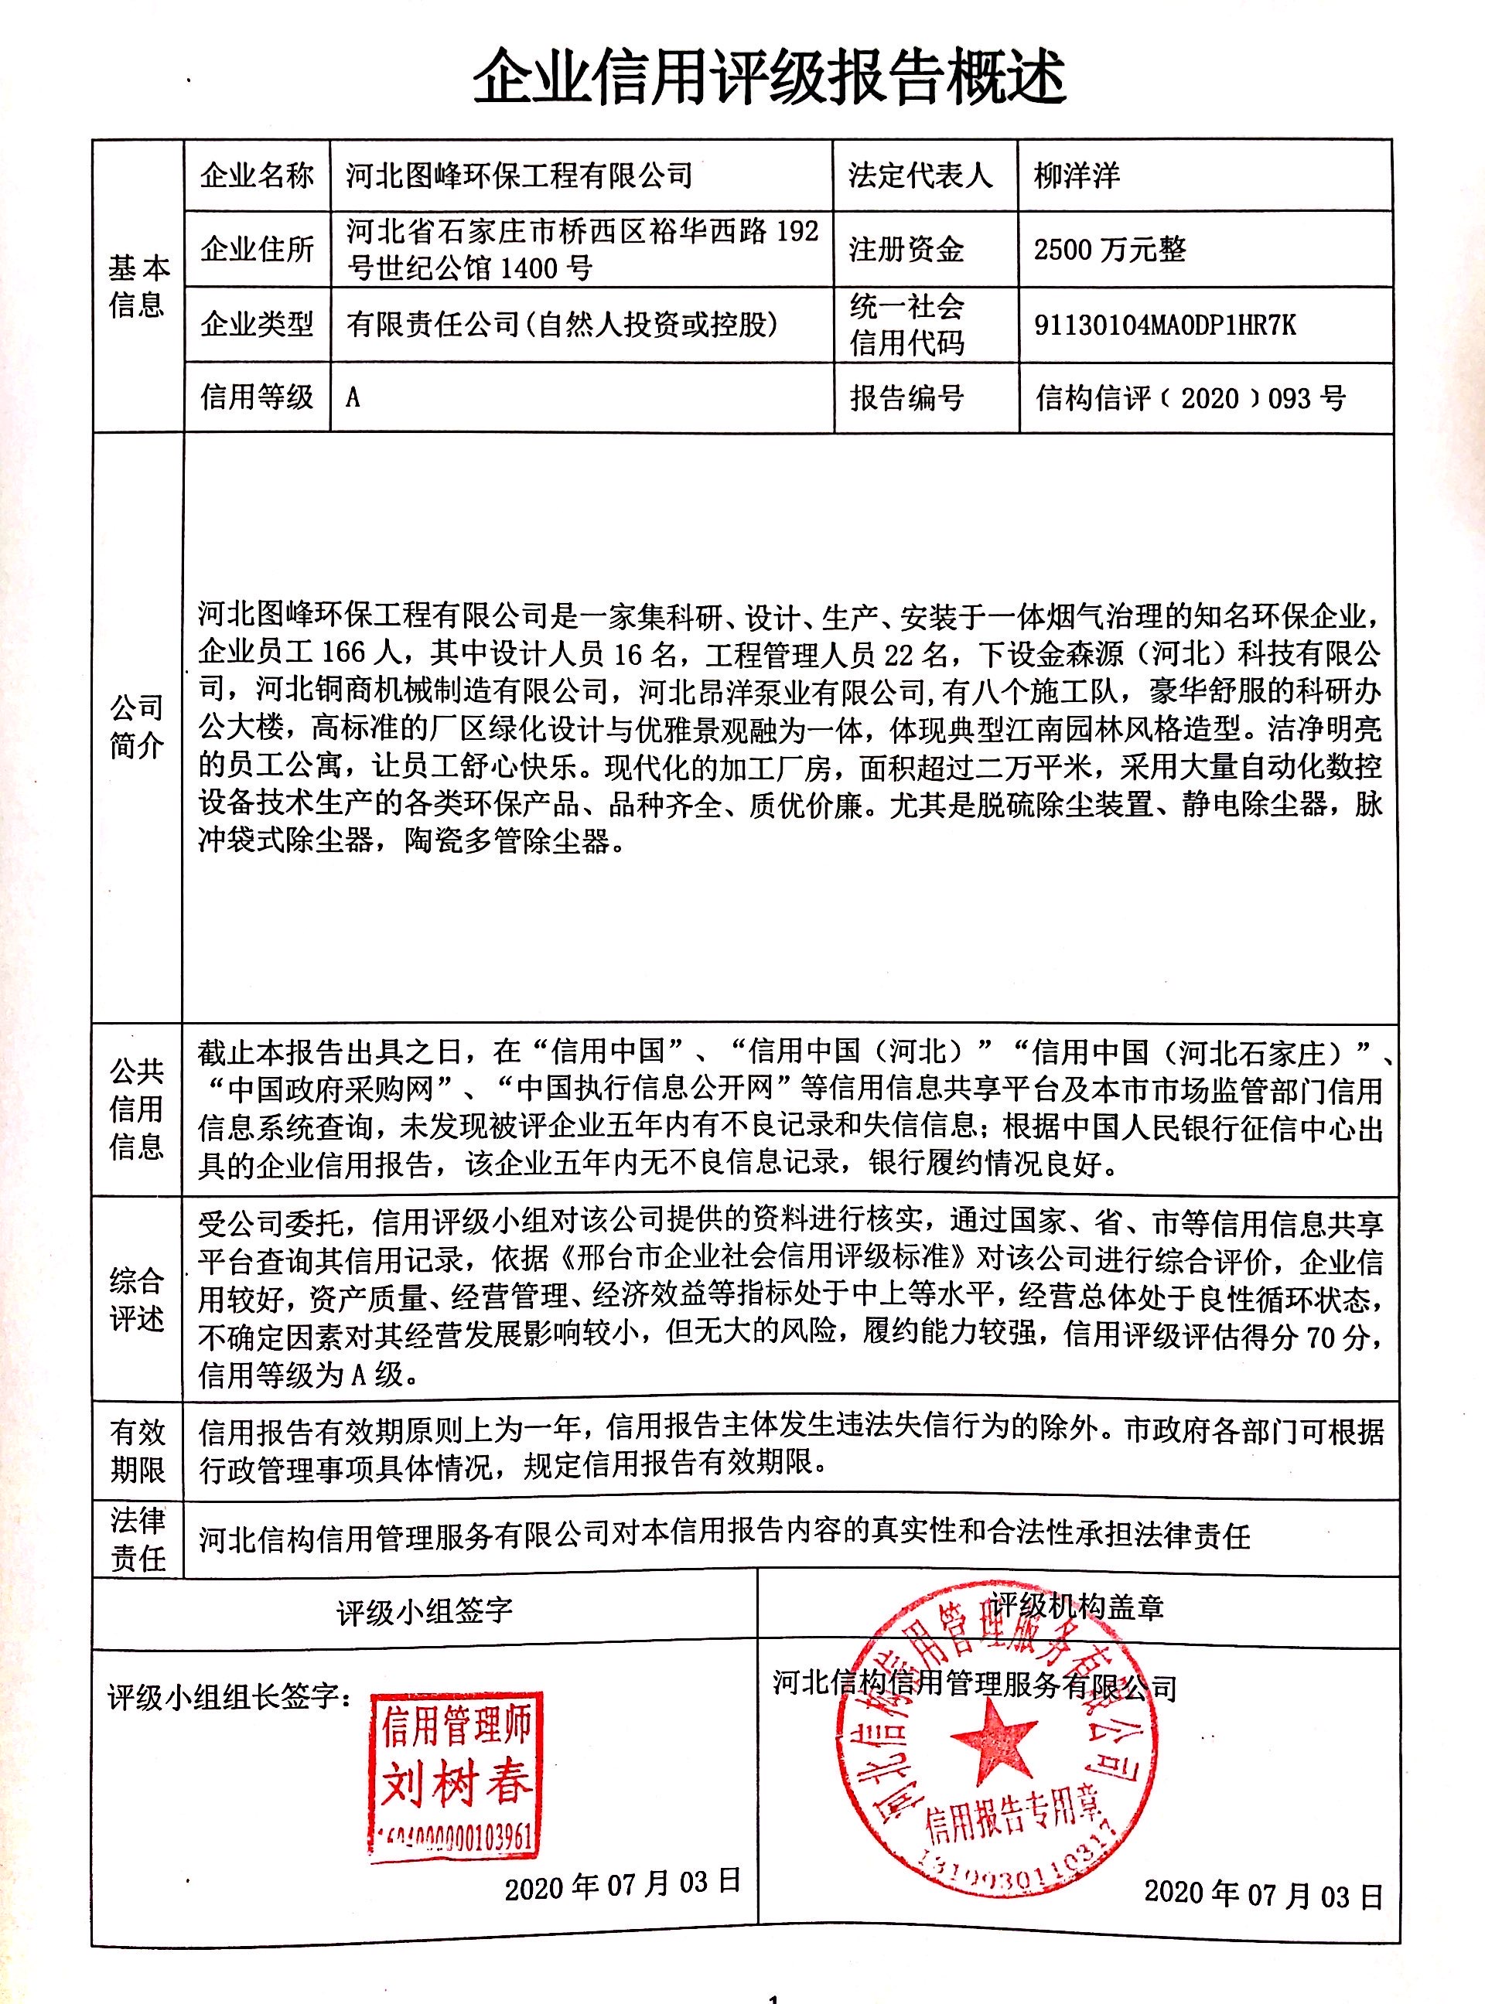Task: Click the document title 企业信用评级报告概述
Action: pos(769,77)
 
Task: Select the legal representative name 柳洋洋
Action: pos(1077,176)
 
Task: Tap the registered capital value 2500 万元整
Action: pos(1109,249)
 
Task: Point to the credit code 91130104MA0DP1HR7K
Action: pos(1165,325)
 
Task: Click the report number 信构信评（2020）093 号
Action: pos(1190,397)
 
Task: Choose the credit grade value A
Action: pos(353,397)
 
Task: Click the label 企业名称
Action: pos(257,176)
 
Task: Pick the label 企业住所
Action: pos(257,249)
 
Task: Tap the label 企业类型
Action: pos(257,323)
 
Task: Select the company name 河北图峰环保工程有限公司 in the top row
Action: pos(519,176)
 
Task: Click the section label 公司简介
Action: pos(137,726)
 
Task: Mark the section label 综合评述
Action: pos(137,1299)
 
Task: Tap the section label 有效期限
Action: pos(137,1450)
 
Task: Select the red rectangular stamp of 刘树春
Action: pos(455,1771)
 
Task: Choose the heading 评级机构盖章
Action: pos(1077,1606)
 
